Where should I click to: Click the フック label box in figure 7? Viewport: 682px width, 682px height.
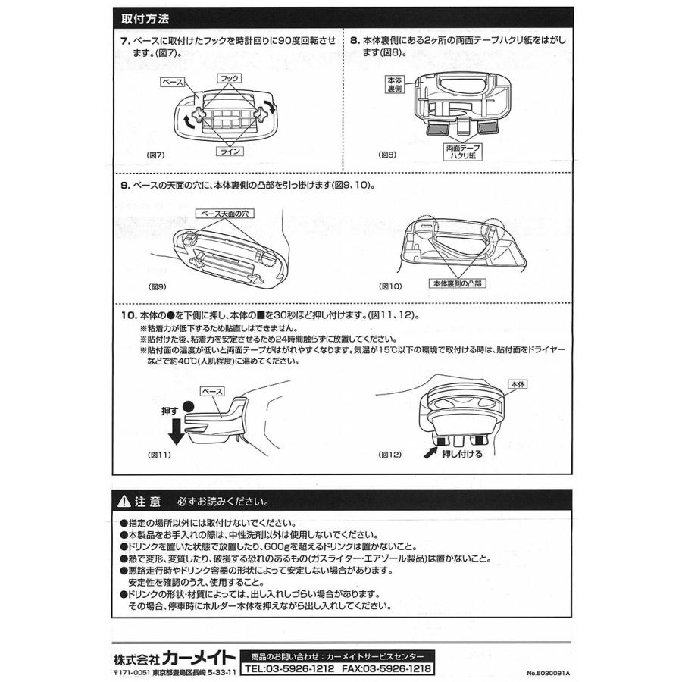(229, 78)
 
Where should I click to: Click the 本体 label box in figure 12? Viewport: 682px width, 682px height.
(519, 384)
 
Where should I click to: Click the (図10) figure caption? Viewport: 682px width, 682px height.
(389, 286)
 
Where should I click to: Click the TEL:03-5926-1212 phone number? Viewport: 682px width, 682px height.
(292, 670)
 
